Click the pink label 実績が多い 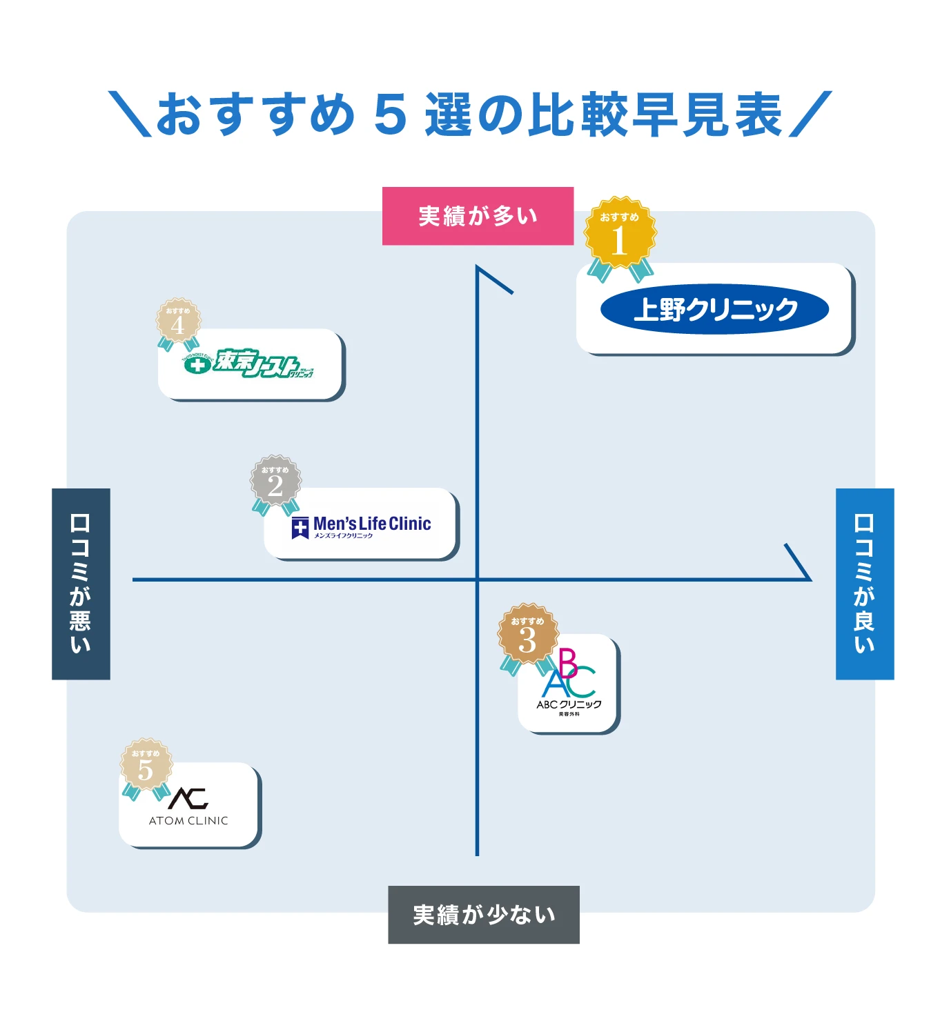point(478,216)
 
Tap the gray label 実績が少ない point(483,914)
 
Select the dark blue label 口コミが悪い point(81,584)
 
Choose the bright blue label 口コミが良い point(864,584)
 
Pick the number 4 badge point(178,321)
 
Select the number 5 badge point(146,766)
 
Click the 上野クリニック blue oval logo point(714,309)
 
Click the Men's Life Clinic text point(372,524)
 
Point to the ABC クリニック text point(569,704)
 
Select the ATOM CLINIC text point(188,820)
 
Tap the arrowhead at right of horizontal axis point(799,563)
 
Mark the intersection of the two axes point(477,580)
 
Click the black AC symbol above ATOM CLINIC point(188,798)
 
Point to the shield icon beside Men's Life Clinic point(300,528)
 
